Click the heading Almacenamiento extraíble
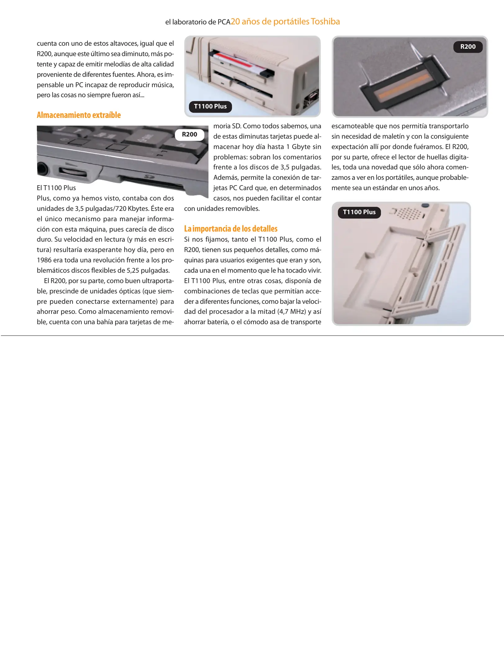(79, 115)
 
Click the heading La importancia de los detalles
(231, 229)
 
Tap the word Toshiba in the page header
(325, 21)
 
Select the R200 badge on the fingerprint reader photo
(468, 47)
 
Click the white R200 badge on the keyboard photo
(189, 135)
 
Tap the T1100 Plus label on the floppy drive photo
(210, 106)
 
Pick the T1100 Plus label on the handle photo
(359, 212)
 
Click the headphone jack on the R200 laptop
(43, 169)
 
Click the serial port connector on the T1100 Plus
(311, 98)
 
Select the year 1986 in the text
(44, 260)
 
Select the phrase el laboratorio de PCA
(198, 22)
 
